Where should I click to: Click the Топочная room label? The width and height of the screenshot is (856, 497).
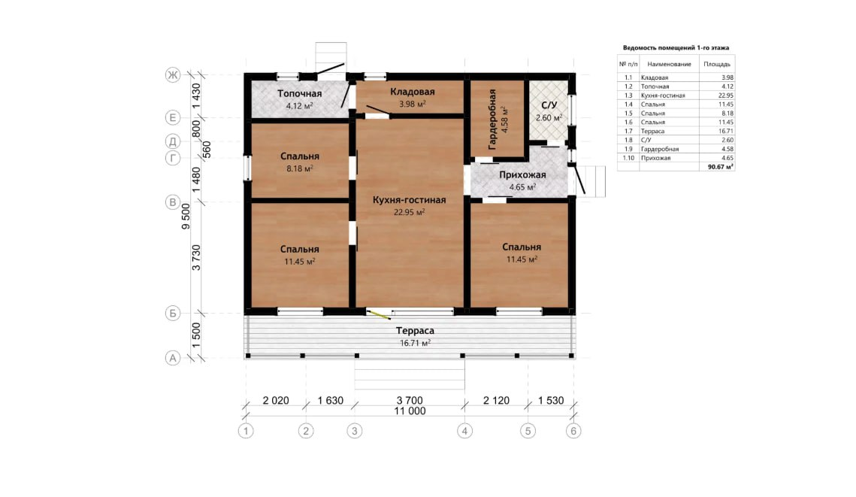pos(299,93)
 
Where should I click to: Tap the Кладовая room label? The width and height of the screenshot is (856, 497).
pos(412,92)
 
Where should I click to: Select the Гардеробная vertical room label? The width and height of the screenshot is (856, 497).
pos(492,119)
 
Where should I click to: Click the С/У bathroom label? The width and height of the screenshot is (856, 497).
pos(549,105)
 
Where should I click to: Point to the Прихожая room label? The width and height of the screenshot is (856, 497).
pos(522,174)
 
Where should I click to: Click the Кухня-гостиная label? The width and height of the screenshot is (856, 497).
pos(410,200)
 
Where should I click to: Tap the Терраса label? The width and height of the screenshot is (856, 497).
pos(415,330)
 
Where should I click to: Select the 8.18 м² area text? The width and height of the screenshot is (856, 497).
pos(300,168)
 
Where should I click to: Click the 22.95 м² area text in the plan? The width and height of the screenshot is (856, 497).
pos(410,212)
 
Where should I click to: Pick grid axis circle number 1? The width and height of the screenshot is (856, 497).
pos(246,431)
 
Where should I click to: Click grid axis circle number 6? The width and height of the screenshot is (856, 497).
pos(573,431)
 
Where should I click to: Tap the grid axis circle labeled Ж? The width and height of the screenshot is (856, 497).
pos(173,75)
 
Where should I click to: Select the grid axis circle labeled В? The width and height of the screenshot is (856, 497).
pos(173,202)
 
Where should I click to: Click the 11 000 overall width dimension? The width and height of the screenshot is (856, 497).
pos(410,411)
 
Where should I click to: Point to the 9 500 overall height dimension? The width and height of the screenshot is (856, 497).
pos(186,217)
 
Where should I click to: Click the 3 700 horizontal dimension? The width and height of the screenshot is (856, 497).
pos(410,400)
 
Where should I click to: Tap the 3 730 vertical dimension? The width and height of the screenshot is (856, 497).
pos(197,258)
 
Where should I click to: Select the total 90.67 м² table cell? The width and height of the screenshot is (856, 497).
pos(721,167)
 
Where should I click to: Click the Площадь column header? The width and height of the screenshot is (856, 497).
pos(717,64)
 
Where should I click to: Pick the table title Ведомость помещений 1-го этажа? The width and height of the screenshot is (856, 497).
pos(676,47)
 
